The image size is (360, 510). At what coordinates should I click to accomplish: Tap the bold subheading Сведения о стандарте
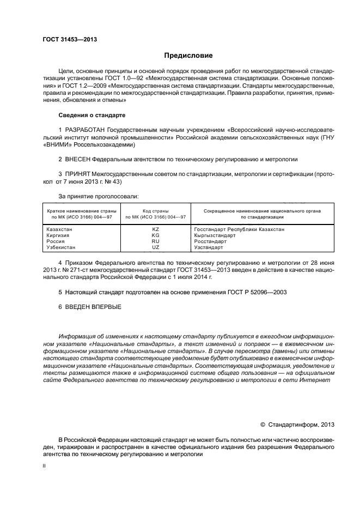(x=91, y=116)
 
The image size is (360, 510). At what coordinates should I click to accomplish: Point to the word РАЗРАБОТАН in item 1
(x=85, y=131)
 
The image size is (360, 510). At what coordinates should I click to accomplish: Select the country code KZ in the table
(x=155, y=229)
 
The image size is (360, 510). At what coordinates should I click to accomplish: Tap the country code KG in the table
(x=155, y=235)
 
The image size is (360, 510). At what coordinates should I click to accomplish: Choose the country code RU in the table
(x=155, y=241)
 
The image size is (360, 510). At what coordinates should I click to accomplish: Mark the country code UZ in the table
(x=155, y=247)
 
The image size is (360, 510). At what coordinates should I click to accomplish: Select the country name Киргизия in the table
(x=59, y=235)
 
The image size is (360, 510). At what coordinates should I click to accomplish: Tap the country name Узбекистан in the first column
(x=63, y=247)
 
